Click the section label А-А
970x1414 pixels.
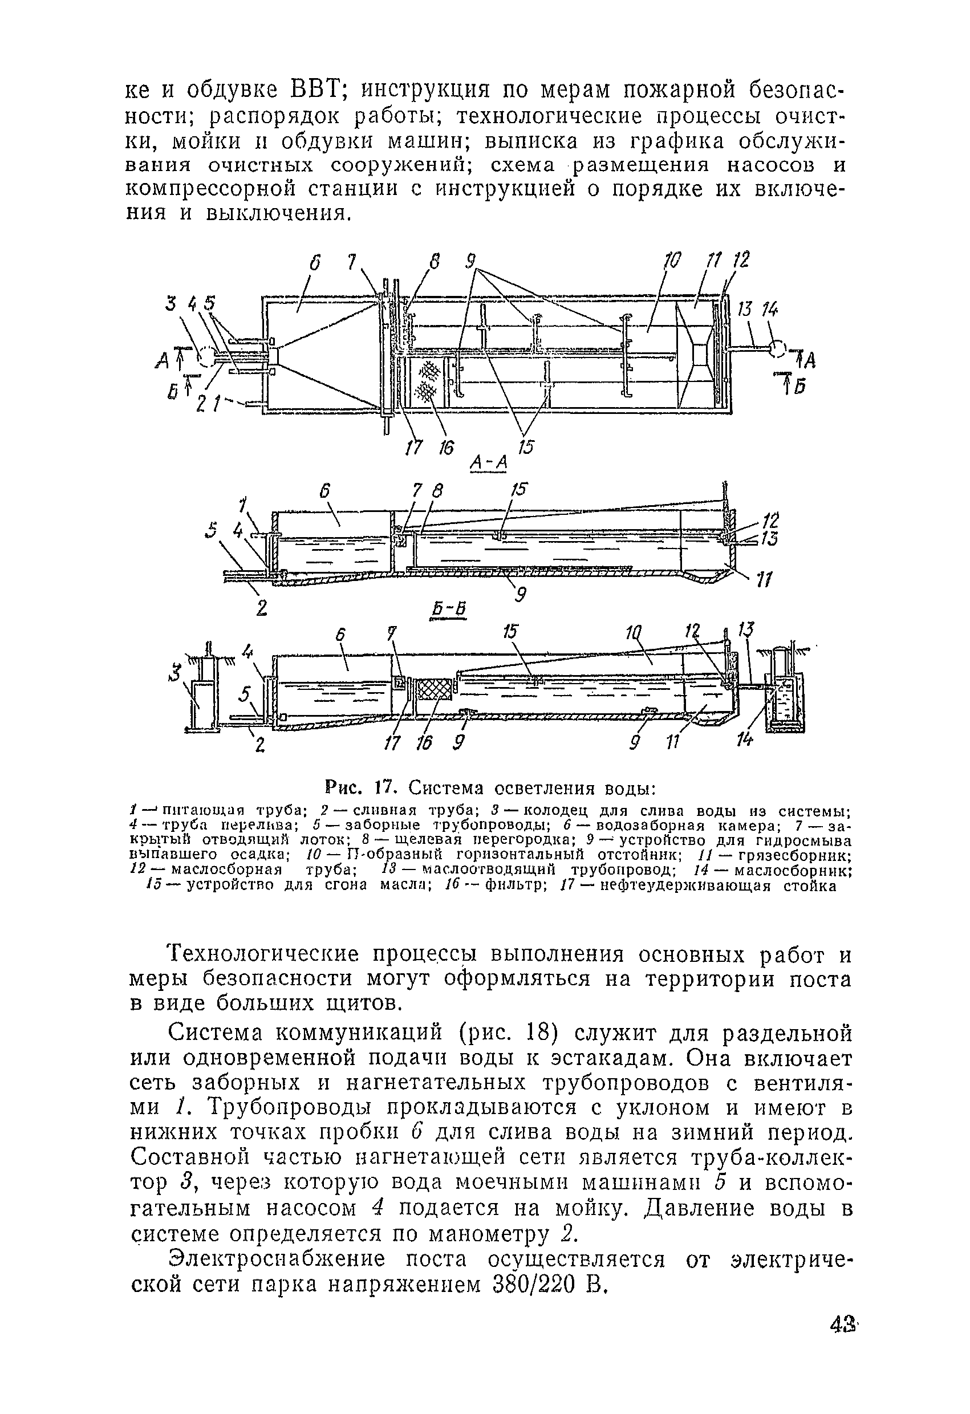[x=489, y=464]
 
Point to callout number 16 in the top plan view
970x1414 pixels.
[x=445, y=448]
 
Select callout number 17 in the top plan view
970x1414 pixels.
[x=414, y=448]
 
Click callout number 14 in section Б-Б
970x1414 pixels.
[x=744, y=739]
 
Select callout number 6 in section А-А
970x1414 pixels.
[x=324, y=491]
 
